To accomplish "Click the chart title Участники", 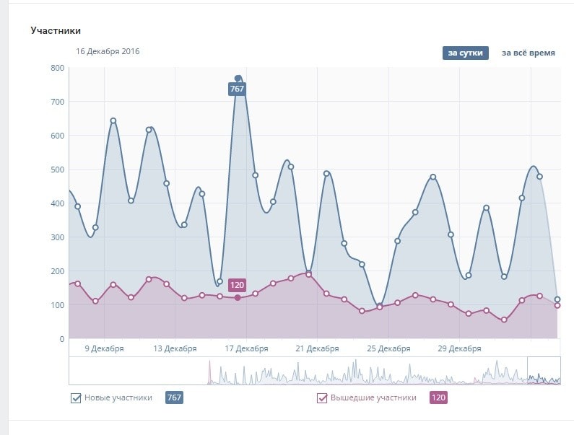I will pos(56,31).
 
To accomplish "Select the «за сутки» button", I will pos(465,53).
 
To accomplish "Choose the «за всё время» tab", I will pos(529,53).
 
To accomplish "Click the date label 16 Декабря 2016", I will pos(108,51).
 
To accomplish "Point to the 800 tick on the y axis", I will pos(57,68).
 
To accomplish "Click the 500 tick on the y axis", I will pos(57,170).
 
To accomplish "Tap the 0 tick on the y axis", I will pos(61,339).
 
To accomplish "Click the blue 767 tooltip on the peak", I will pos(237,89).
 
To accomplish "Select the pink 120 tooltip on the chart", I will pos(237,285).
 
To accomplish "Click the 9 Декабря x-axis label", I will pos(104,349).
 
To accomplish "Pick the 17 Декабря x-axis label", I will pos(246,349).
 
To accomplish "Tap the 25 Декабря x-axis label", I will pos(388,349).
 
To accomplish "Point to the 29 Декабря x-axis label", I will pos(459,349).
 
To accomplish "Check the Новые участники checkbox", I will pos(76,397).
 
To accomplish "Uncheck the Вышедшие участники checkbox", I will pos(323,397).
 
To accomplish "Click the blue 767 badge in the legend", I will pos(174,397).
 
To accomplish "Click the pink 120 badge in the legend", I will pos(438,397).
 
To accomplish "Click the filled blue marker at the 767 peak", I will pos(238,78).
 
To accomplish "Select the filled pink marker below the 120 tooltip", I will pos(238,297).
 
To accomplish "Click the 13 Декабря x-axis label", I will pos(175,349).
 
